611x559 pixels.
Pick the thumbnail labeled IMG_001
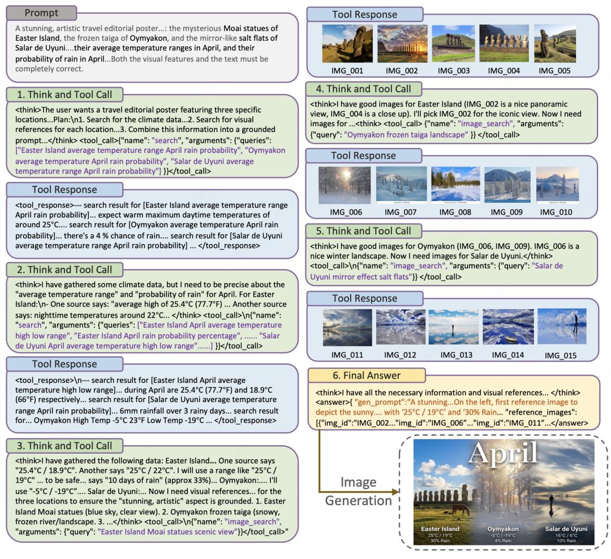click(x=341, y=44)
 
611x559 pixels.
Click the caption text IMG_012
click(x=399, y=355)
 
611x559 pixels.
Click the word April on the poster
click(x=504, y=453)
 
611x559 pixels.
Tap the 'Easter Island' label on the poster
click(x=440, y=528)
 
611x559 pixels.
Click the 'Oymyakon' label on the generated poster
click(x=502, y=528)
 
